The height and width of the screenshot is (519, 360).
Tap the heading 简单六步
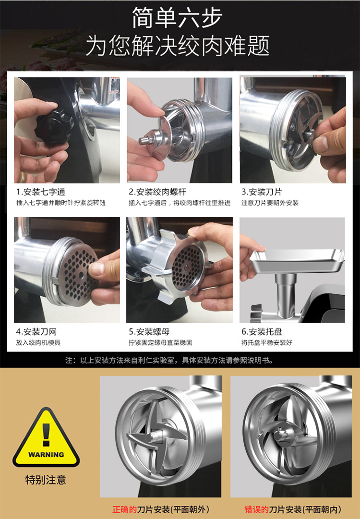pos(177,18)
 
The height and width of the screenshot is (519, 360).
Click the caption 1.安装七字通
pos(41,192)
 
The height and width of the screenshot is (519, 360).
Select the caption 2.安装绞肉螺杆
pos(157,192)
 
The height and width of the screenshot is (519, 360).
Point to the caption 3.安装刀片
pos(262,192)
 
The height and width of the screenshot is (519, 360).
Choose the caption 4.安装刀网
pos(36,332)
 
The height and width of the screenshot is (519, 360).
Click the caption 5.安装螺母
pos(149,332)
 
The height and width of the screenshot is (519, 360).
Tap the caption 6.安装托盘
pos(262,332)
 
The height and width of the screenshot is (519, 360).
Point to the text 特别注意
pos(46,480)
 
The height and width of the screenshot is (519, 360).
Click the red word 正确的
pos(124,509)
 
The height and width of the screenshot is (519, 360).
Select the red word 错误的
pos(256,509)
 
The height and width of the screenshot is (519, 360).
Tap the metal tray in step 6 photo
pos(297,261)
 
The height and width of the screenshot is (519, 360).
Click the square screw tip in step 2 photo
pos(144,140)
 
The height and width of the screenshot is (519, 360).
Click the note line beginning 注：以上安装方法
pos(169,360)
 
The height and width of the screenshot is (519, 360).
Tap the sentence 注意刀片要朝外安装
pos(270,203)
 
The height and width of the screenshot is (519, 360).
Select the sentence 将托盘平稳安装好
pos(266,343)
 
